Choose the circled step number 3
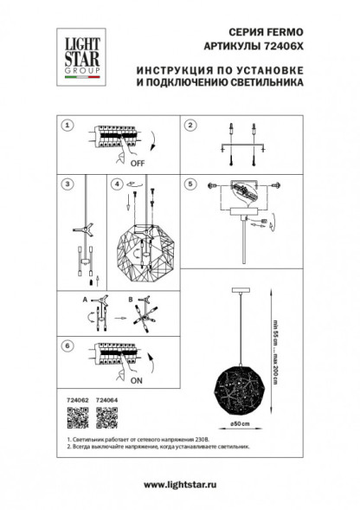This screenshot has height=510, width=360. [x=66, y=184]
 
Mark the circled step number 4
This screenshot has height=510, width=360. [x=115, y=184]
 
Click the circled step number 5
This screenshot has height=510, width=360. [x=190, y=184]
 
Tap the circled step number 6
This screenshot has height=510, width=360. [x=66, y=345]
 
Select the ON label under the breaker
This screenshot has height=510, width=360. [x=138, y=378]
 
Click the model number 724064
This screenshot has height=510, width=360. [x=106, y=401]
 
